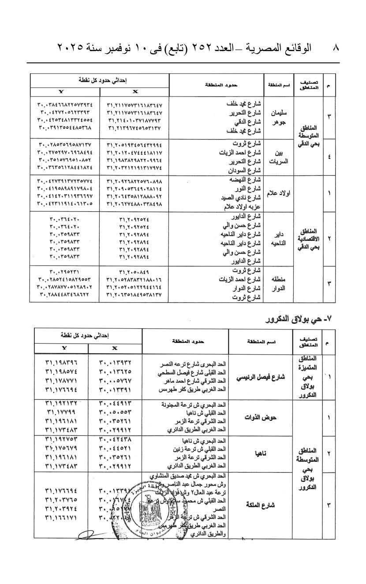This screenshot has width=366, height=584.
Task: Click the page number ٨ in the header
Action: (336, 48)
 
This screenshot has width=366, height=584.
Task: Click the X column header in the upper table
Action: (135, 91)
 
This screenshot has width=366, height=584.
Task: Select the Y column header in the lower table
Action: (64, 348)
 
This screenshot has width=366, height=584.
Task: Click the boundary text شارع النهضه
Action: (243, 181)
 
